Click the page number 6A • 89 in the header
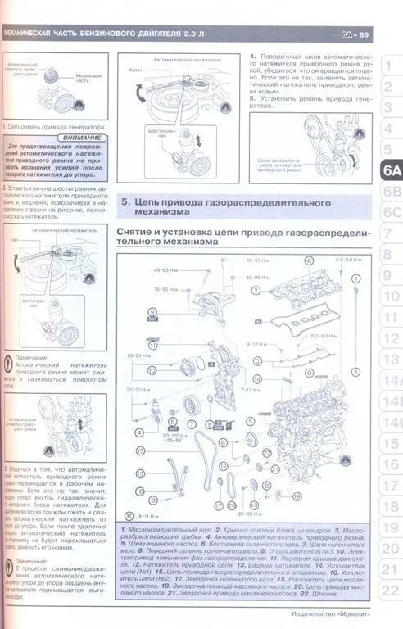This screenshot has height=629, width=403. pos(354,34)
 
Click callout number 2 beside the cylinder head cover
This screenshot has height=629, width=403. pos(256,291)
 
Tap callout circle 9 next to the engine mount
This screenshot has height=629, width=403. pos(152,312)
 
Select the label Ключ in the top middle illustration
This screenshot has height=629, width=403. pos(135,71)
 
